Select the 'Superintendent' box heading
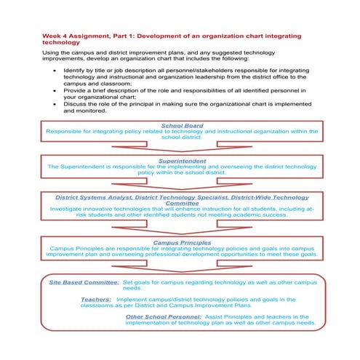coord(180,160)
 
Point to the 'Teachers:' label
coord(96,299)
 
